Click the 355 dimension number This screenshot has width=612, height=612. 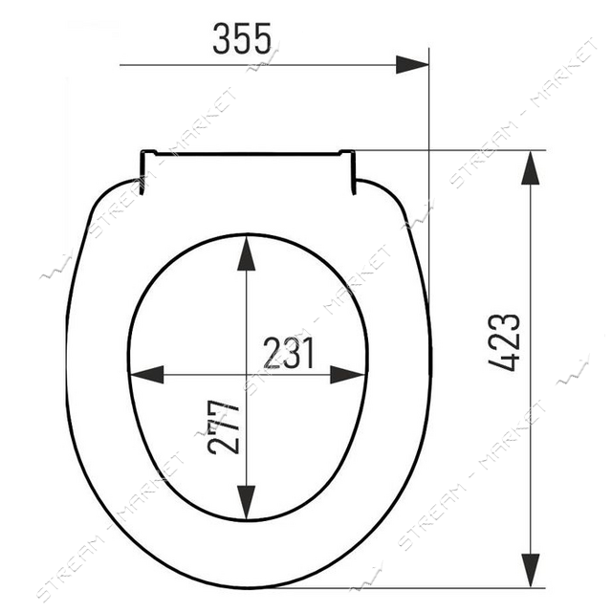pyautogui.click(x=242, y=38)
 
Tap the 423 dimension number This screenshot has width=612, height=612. pyautogui.click(x=504, y=342)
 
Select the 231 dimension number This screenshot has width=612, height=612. pyautogui.click(x=289, y=353)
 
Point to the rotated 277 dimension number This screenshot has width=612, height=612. pyautogui.click(x=223, y=427)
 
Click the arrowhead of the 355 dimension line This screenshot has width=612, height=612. pyautogui.click(x=412, y=65)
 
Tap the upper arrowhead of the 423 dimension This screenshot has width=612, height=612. pyautogui.click(x=531, y=168)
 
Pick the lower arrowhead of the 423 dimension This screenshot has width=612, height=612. pyautogui.click(x=531, y=570)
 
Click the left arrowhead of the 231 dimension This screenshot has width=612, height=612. pyautogui.click(x=146, y=375)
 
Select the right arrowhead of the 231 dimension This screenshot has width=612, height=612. pyautogui.click(x=347, y=375)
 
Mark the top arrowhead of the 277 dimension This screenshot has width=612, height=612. pyautogui.click(x=247, y=253)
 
